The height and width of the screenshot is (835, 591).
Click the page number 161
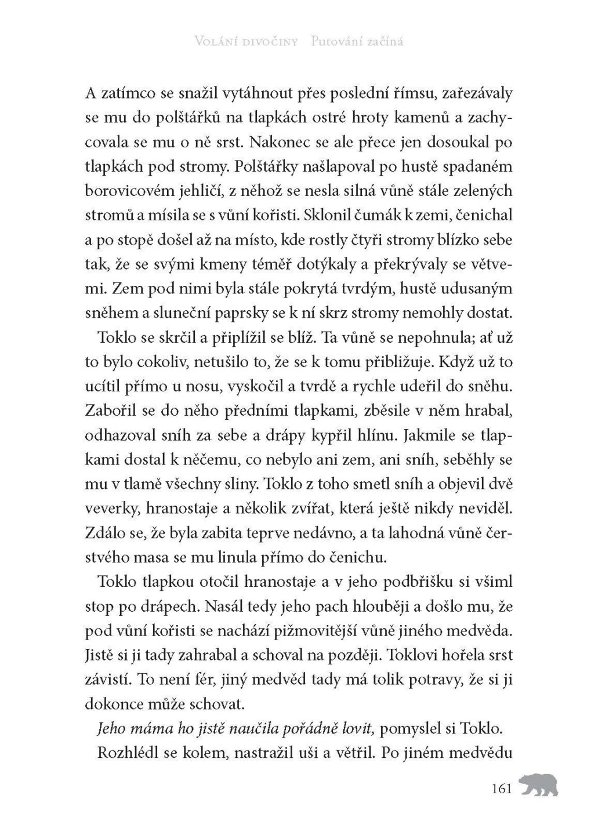coord(501,789)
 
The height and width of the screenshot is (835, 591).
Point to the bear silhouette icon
coord(539,785)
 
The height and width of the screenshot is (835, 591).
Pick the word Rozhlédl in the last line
coord(127,753)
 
